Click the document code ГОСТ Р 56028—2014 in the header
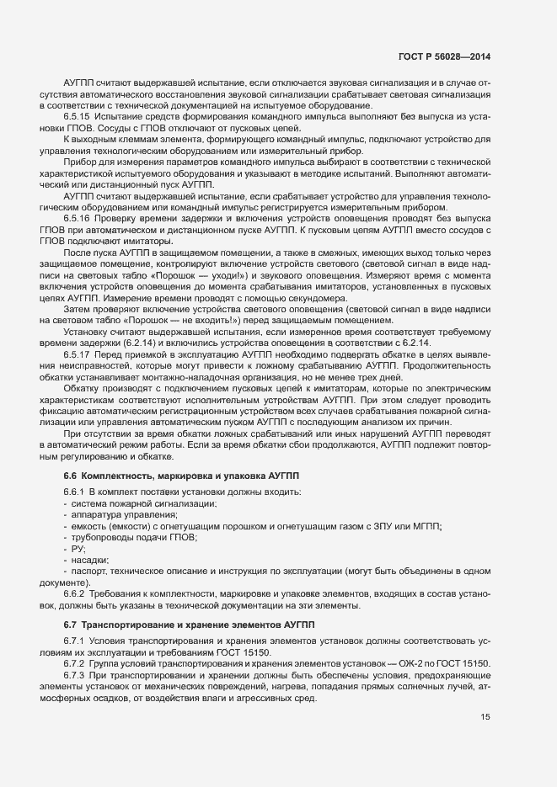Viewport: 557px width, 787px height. coord(444,56)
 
